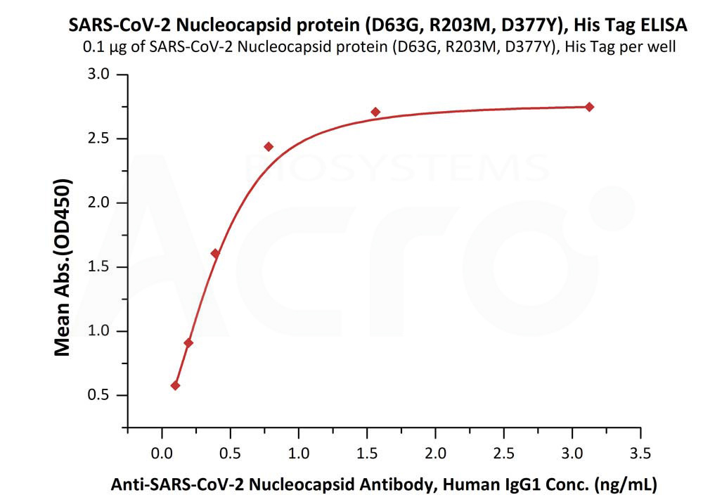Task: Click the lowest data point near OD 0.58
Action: click(x=175, y=385)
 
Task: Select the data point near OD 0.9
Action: click(x=188, y=343)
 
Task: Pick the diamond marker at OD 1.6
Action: click(x=215, y=253)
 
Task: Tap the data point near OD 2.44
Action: click(x=269, y=146)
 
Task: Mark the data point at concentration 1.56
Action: click(x=375, y=112)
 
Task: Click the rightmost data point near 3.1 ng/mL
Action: click(x=589, y=107)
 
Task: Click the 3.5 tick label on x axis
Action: click(x=640, y=453)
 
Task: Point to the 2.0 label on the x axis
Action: click(x=435, y=453)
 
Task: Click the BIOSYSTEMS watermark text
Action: click(x=397, y=169)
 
